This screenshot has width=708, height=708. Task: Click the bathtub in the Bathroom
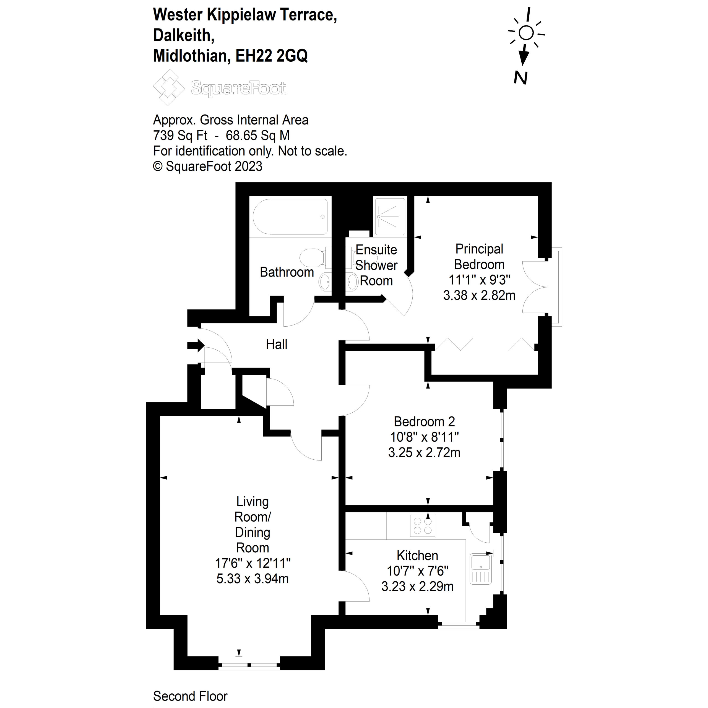click(x=290, y=217)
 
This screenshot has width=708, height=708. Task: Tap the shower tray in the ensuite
click(x=390, y=217)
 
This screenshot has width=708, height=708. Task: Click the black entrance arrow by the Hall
click(x=195, y=345)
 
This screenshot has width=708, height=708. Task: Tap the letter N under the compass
click(x=520, y=78)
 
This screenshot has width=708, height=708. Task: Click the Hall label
click(x=277, y=345)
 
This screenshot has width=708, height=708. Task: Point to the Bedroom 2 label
click(x=424, y=421)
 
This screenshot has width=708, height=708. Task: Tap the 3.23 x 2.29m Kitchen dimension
click(x=417, y=586)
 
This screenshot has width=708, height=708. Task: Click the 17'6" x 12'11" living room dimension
click(x=253, y=563)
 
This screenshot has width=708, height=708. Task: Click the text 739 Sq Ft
click(x=180, y=136)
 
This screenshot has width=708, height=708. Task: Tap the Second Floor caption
click(x=190, y=696)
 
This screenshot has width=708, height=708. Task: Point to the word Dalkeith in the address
click(x=184, y=36)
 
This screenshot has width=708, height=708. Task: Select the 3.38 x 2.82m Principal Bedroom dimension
click(x=479, y=295)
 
